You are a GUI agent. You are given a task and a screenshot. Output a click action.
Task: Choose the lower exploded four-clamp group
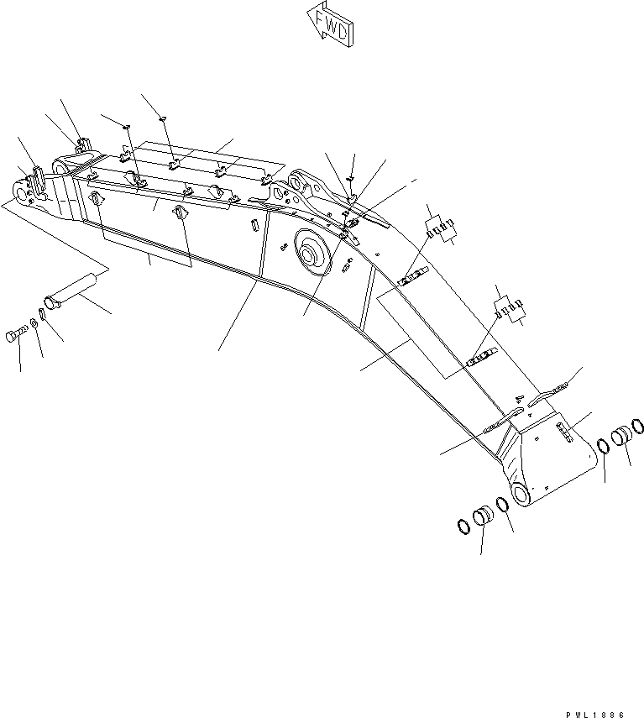click(x=510, y=308)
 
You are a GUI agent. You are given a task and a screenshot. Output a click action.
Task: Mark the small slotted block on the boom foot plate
click(x=564, y=432)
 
